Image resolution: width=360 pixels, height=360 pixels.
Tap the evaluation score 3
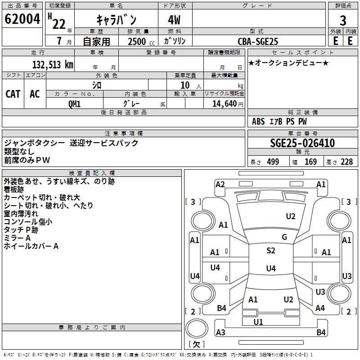(343, 20)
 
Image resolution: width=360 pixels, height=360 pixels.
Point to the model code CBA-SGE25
(258, 41)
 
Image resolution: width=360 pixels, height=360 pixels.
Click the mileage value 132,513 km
(52, 65)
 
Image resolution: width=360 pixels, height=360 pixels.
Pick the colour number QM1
(74, 103)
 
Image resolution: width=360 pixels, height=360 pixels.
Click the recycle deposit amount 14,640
(224, 103)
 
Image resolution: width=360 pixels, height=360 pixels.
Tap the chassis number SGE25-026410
(302, 143)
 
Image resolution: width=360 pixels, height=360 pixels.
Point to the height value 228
(346, 162)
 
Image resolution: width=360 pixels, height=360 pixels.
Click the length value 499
(272, 162)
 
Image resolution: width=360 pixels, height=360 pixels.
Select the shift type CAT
(13, 94)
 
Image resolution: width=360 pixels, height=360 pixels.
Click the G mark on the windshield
(284, 237)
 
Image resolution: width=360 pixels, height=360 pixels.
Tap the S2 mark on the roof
(270, 251)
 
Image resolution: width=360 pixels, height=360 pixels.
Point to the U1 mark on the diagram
(258, 322)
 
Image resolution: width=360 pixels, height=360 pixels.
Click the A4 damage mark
(320, 308)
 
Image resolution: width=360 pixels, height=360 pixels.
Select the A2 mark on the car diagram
(220, 184)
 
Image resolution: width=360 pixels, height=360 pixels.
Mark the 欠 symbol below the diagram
(196, 345)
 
